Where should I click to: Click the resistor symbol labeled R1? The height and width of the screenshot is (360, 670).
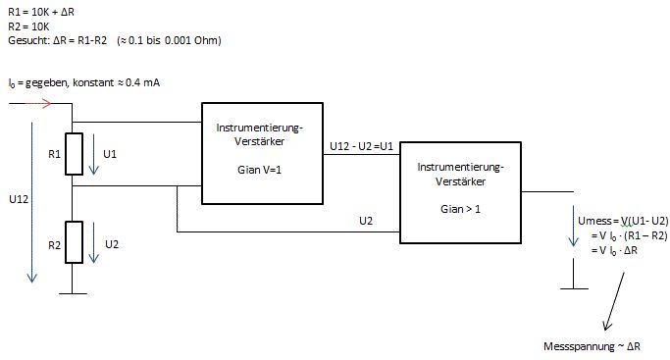74,154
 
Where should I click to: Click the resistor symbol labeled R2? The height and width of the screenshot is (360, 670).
74,242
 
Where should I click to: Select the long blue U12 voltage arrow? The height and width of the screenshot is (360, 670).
31,202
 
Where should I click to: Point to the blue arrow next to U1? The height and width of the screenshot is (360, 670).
93,154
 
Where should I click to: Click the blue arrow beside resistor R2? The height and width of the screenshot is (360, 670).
93,242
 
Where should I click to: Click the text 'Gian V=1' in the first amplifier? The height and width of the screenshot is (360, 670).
259,170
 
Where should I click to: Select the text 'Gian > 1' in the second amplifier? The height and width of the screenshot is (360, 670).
460,209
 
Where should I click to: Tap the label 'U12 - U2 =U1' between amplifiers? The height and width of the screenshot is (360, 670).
362,146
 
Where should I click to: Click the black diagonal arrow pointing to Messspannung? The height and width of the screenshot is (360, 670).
614,301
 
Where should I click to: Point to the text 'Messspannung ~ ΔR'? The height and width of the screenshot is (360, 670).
592,346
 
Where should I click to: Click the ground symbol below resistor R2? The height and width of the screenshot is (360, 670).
73,293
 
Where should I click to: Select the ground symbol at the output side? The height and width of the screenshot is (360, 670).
574,288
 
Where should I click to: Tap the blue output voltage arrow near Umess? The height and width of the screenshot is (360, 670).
574,226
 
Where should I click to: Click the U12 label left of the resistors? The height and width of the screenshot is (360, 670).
19,199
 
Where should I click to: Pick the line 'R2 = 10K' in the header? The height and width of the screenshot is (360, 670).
29,26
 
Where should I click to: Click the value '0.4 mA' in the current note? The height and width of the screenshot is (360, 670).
142,82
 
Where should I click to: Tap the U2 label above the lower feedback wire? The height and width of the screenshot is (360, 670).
366,221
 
